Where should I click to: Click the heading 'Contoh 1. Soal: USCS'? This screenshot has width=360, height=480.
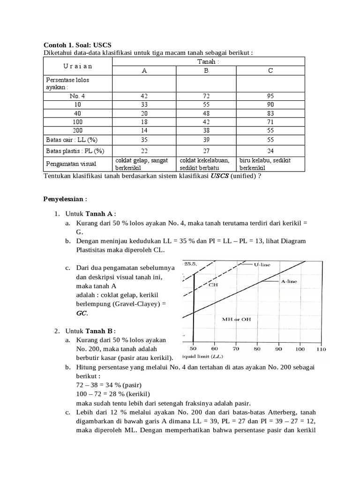[x=77, y=45]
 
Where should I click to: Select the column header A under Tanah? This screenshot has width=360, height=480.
[x=144, y=71]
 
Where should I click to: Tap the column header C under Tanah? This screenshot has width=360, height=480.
[x=270, y=71]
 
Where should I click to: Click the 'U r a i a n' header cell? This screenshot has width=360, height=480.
[x=78, y=66]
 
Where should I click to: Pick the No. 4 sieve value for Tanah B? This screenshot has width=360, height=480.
[x=206, y=96]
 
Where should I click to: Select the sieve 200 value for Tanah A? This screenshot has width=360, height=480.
[x=144, y=130]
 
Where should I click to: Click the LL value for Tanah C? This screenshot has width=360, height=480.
[x=270, y=140]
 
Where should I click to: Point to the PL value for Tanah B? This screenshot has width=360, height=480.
[x=206, y=151]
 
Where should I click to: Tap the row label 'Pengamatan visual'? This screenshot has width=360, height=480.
[x=71, y=164]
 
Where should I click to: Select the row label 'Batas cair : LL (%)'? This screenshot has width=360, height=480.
[x=72, y=140]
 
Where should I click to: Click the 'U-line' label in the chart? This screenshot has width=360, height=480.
[x=262, y=265]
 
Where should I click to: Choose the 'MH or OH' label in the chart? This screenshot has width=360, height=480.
[x=236, y=319]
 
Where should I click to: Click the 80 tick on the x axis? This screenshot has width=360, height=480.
[x=257, y=349]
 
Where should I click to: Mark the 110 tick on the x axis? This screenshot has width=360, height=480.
[x=321, y=349]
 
